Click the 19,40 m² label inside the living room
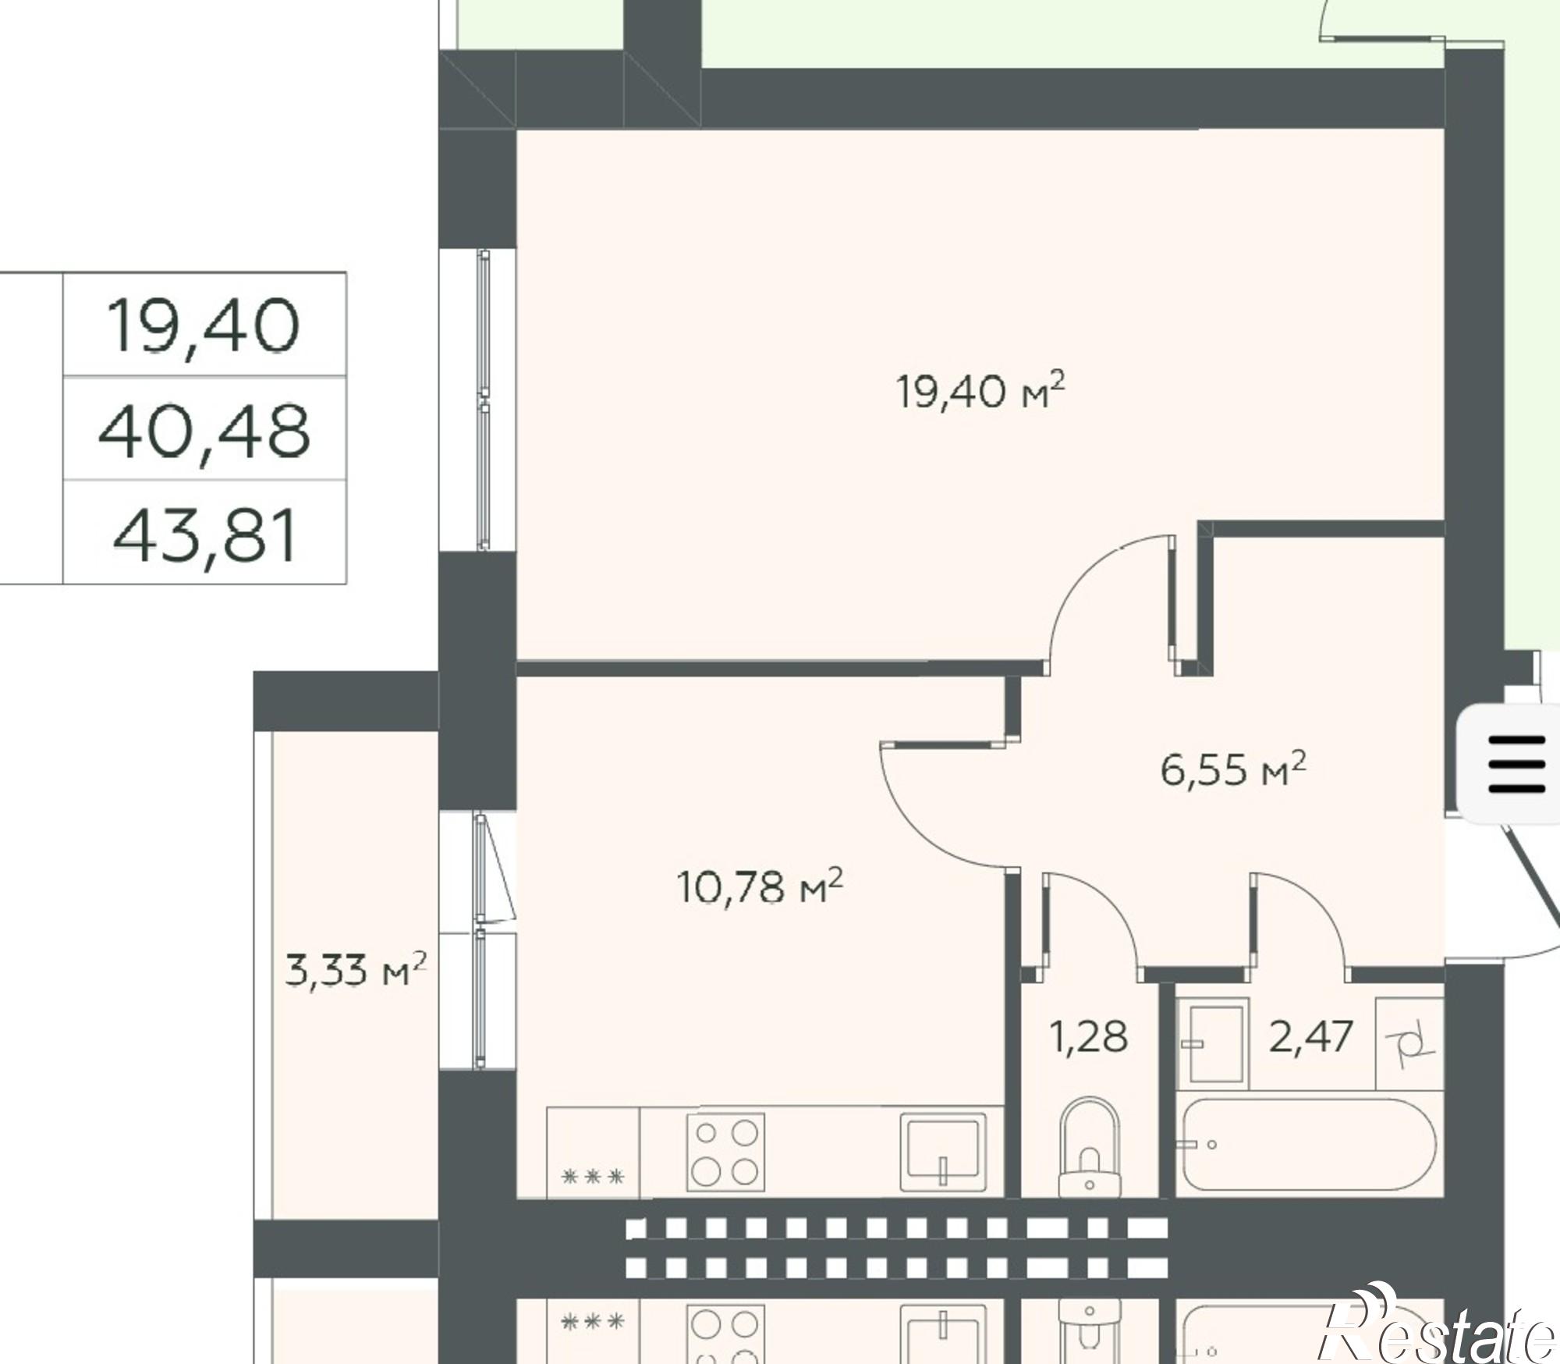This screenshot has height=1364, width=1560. point(980,391)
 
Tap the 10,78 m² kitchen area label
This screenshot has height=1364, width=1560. point(760,886)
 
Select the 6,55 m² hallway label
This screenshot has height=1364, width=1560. point(1232,769)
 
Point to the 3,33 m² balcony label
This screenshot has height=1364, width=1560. point(356,970)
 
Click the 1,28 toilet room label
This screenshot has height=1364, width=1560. point(1089,1037)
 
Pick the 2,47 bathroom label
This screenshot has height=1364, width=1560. point(1310,1037)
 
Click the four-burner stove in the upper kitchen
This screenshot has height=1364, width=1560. point(725,1151)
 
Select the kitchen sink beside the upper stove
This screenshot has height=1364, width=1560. point(942,1151)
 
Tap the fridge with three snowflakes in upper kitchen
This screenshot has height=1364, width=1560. point(594,1151)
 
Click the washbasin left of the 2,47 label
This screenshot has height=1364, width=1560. point(1212,1043)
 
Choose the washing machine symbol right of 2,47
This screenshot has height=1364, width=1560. point(1409,1043)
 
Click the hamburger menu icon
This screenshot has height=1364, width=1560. point(1516,764)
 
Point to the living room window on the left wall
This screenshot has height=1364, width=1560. point(484,400)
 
